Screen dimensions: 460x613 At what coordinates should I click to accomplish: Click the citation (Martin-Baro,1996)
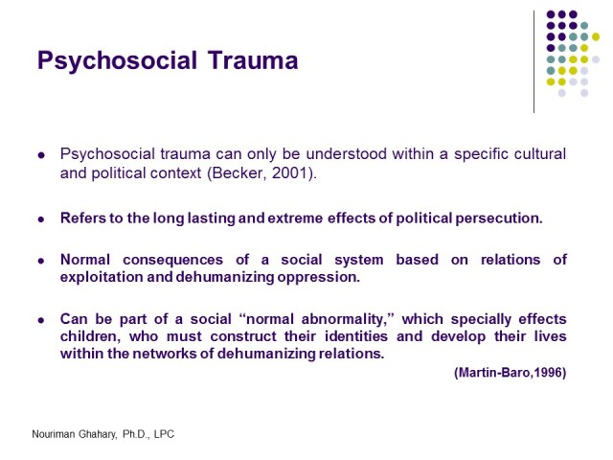click(x=510, y=373)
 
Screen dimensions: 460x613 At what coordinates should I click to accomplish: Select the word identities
click(x=331, y=336)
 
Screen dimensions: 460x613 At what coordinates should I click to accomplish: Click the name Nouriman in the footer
click(x=56, y=434)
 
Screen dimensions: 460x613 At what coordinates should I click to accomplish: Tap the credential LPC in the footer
click(x=163, y=434)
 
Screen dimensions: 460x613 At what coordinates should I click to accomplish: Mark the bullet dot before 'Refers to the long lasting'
click(x=40, y=218)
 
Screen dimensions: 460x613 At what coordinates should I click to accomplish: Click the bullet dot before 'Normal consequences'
click(x=40, y=261)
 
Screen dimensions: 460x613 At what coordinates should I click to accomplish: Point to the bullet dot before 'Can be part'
click(x=40, y=319)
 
